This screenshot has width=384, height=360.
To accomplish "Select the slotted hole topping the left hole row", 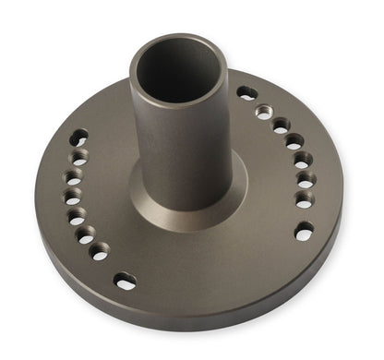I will coord(79,138).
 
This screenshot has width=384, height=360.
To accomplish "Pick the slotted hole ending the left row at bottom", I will coord(125,280).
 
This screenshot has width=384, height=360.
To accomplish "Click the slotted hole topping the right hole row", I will coord(247,92).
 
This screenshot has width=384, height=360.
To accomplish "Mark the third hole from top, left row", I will coord(71,176).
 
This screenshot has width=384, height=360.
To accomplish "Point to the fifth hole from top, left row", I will coord(76,216).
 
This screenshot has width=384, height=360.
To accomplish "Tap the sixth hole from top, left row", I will coord(84,234).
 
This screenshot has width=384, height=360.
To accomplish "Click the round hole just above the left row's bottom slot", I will coord(99,250).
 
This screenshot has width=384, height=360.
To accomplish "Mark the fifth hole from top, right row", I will coord(302,161).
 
